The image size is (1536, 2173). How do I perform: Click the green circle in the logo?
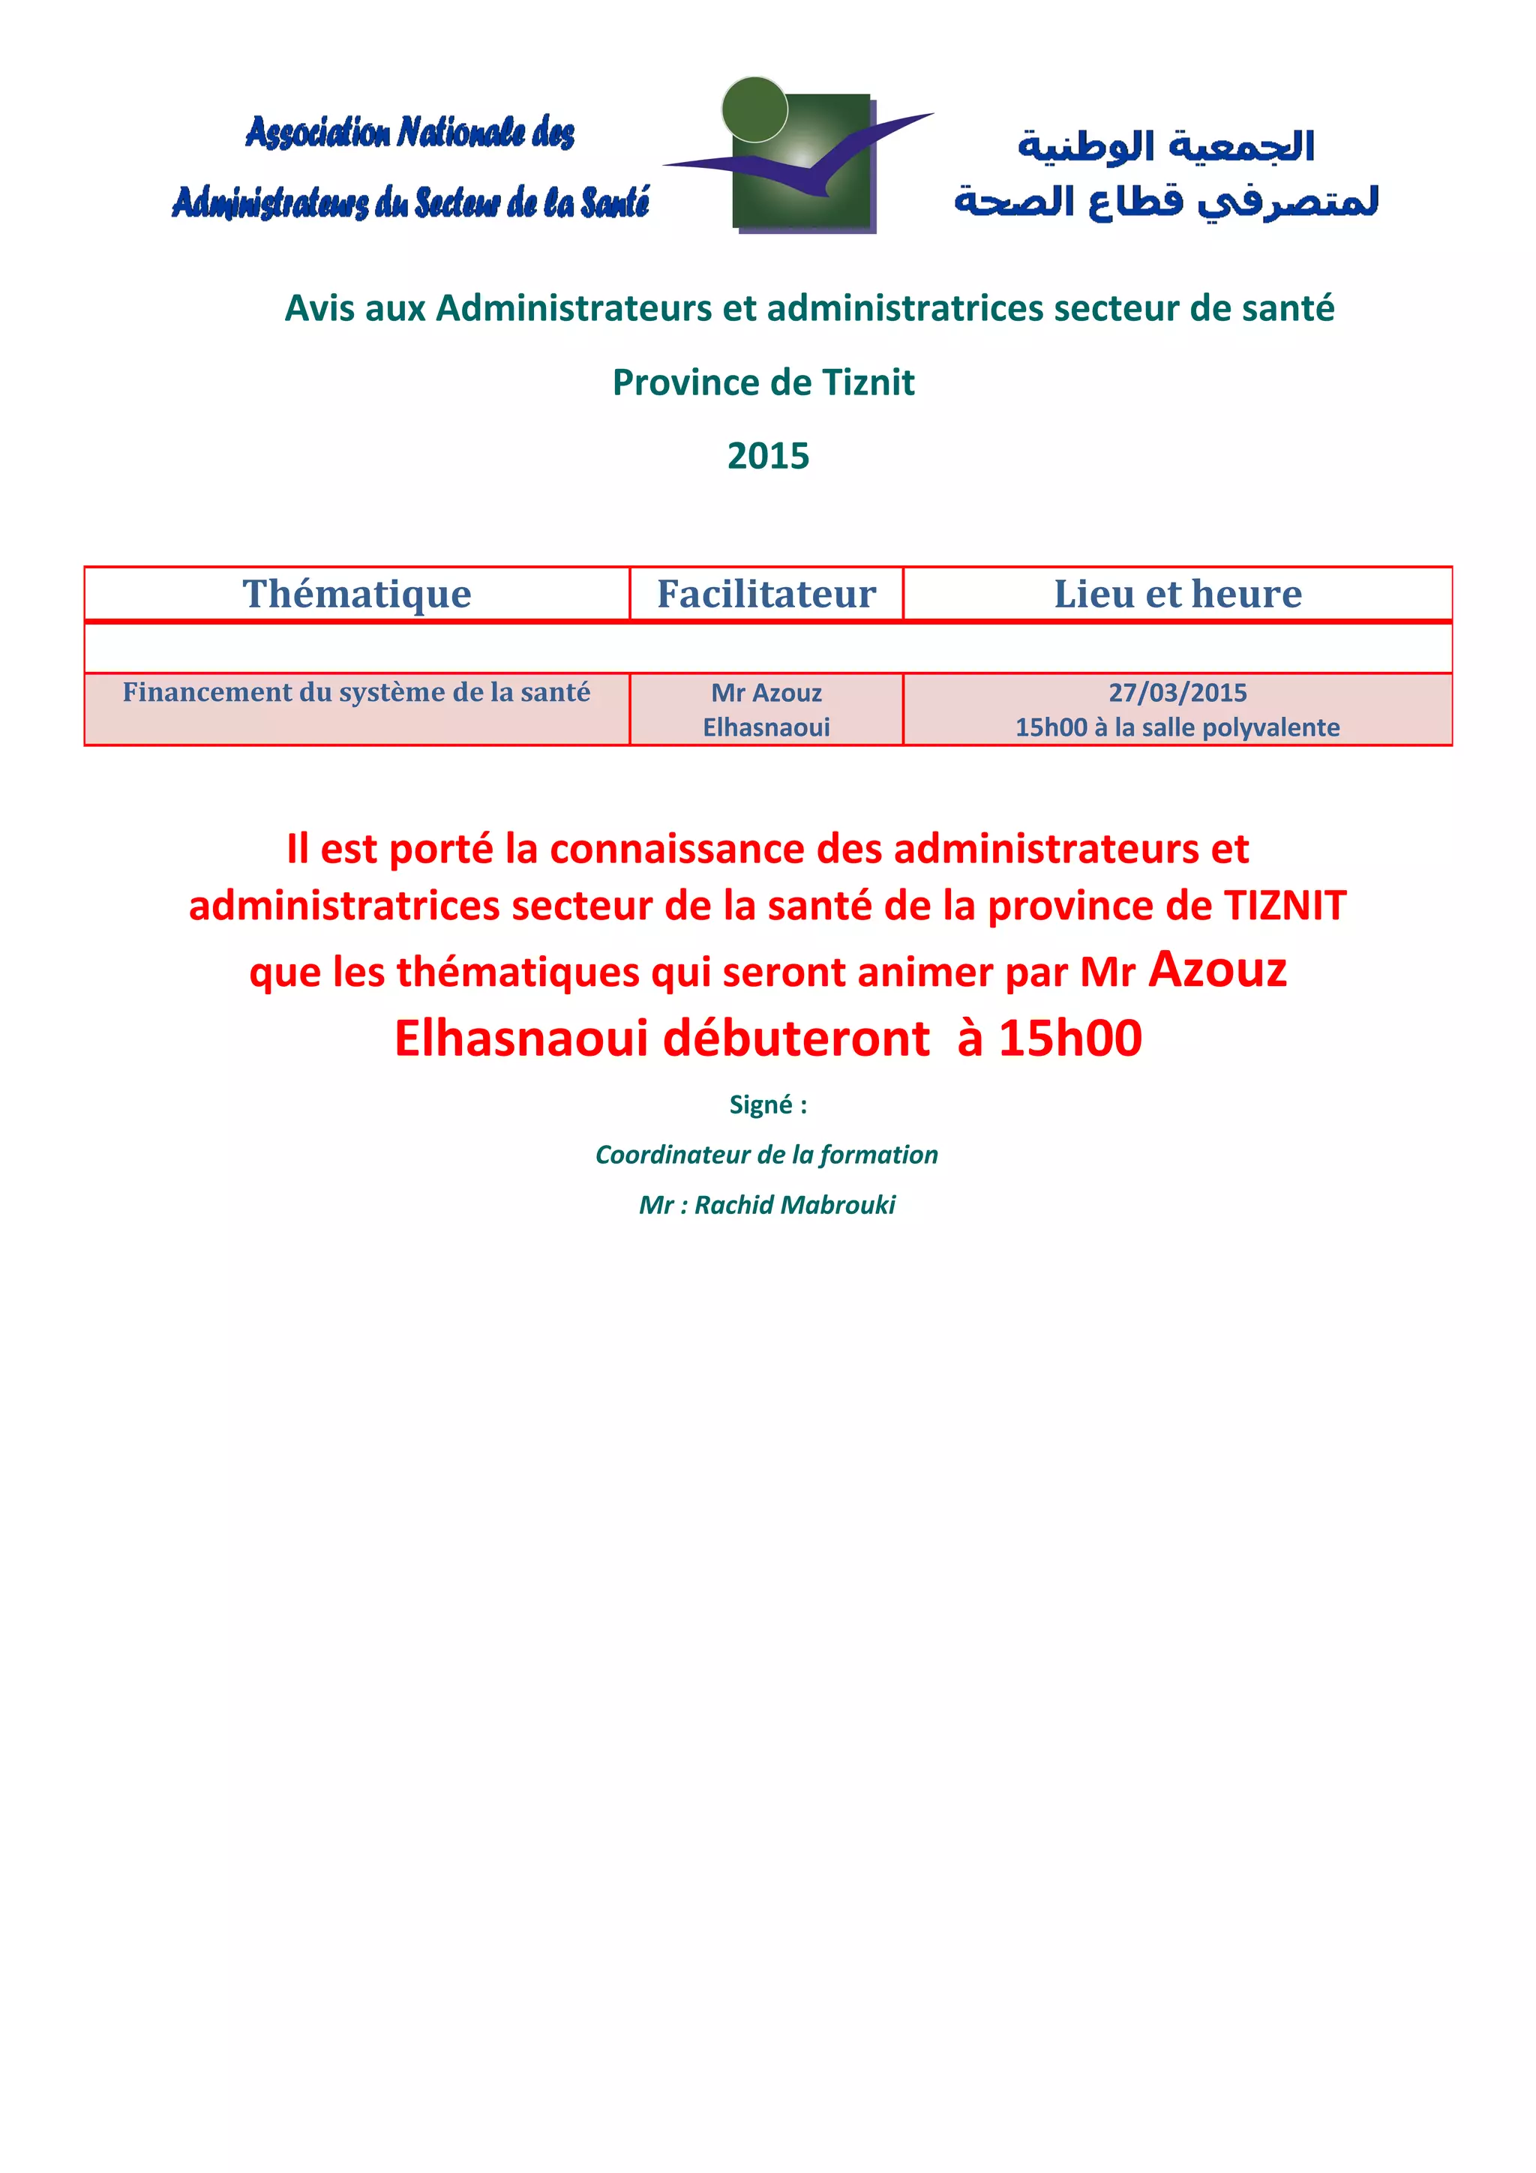click(754, 109)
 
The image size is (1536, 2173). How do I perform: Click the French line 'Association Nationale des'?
click(409, 133)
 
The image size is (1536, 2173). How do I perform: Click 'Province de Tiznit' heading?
click(763, 382)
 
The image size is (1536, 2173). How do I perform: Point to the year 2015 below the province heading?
click(767, 456)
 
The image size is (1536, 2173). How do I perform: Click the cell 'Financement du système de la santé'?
click(357, 693)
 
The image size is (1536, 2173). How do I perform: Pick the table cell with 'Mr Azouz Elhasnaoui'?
click(766, 710)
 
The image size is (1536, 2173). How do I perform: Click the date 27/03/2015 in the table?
click(1177, 693)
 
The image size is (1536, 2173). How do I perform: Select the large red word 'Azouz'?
click(1217, 969)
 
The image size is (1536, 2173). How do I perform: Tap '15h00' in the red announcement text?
click(1069, 1039)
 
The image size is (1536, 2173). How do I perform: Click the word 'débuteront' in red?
click(796, 1039)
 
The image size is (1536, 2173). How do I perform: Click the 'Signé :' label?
click(767, 1104)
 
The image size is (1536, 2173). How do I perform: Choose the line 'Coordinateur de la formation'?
click(766, 1155)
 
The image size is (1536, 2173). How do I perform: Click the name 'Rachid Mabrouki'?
click(794, 1205)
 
